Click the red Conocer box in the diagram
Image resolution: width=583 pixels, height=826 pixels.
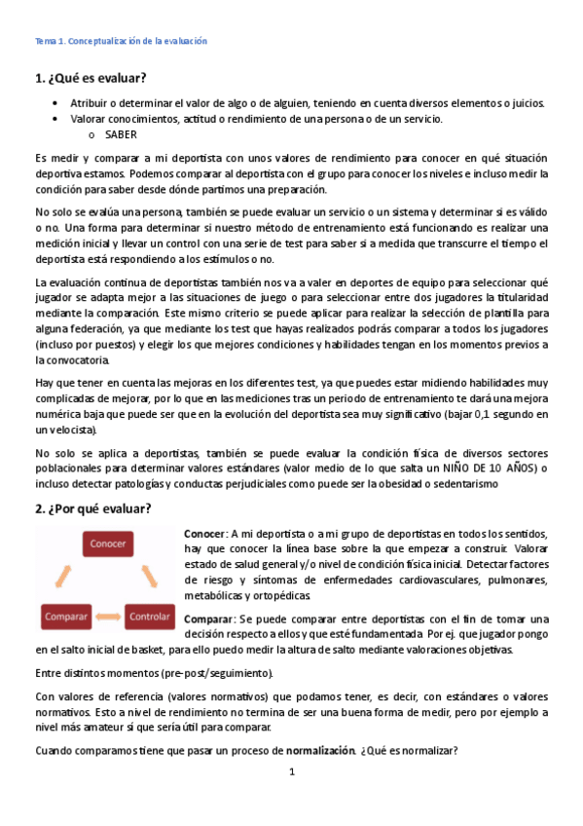(107, 544)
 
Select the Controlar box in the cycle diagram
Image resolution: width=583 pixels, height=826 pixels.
(149, 617)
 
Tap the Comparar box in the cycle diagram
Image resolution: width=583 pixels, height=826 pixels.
(65, 617)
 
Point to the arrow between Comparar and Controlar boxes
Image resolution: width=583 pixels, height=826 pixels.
(107, 618)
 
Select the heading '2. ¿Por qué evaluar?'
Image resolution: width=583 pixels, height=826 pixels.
(93, 509)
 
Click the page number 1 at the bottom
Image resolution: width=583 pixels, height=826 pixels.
(291, 772)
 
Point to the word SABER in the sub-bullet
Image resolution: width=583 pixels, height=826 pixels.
(121, 135)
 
